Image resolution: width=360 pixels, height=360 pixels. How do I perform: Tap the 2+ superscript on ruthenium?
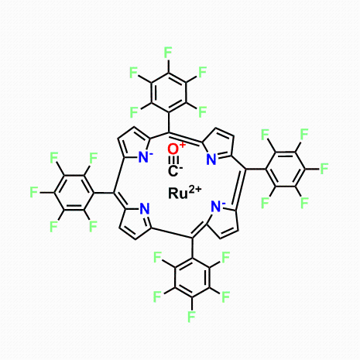(x=195, y=190)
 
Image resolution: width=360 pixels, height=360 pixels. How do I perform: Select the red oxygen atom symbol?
(x=173, y=149)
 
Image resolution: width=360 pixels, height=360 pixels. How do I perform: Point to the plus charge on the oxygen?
(x=182, y=145)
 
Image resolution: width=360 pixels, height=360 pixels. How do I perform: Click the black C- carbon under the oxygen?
(x=173, y=171)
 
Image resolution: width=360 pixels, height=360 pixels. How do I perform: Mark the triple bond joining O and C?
(x=173, y=160)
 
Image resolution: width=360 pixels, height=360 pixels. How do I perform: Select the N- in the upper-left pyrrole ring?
(x=144, y=157)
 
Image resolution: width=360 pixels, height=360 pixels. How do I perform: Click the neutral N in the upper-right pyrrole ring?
(x=211, y=159)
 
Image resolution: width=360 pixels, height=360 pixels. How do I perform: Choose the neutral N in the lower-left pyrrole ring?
(x=145, y=208)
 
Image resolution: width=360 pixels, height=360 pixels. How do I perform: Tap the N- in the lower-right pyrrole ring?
(x=216, y=206)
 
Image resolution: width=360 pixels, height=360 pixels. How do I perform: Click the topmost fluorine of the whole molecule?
(x=168, y=53)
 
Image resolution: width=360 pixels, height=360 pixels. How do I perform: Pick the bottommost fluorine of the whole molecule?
(x=191, y=317)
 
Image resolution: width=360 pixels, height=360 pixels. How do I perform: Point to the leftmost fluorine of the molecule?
(x=34, y=193)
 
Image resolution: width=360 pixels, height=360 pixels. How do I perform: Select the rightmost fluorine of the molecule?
(x=324, y=169)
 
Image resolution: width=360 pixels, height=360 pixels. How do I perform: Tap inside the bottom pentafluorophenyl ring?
(x=192, y=277)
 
